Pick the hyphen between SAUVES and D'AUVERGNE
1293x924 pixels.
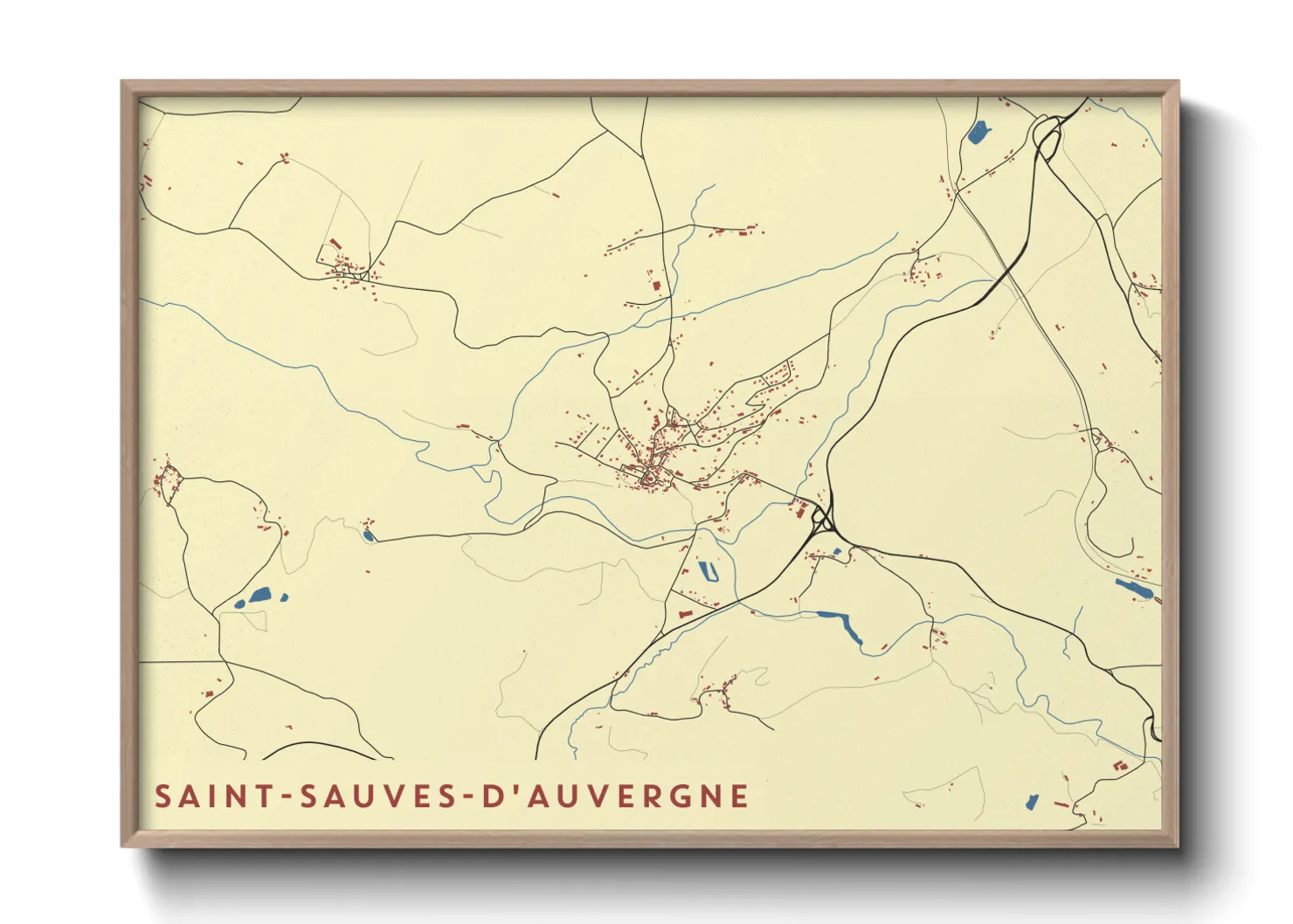tap(467, 797)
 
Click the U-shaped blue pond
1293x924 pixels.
tap(709, 573)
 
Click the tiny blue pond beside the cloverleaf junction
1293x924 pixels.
tap(837, 552)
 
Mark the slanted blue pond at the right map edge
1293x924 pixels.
tap(1135, 589)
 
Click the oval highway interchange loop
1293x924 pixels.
tap(1046, 135)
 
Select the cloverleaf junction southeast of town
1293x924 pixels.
tap(823, 521)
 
